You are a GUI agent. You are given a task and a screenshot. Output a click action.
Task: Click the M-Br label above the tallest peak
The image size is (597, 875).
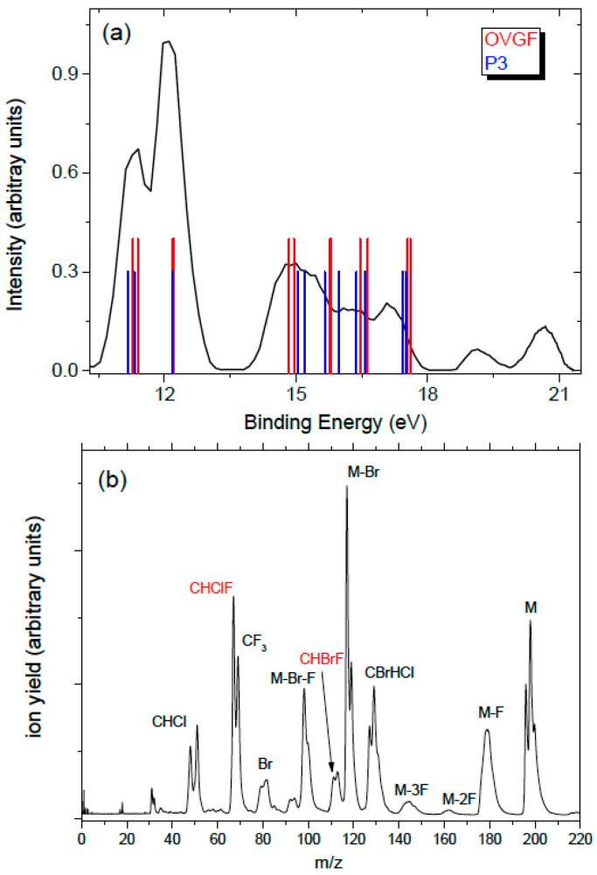click(363, 472)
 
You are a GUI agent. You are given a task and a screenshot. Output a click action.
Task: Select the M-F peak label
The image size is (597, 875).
click(489, 712)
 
